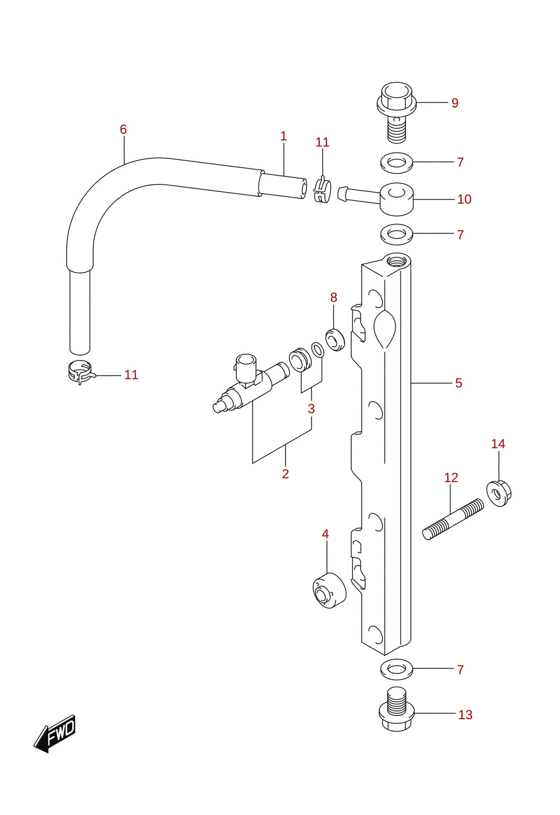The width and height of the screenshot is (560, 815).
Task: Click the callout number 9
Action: (455, 103)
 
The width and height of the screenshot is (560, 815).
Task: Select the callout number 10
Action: (464, 199)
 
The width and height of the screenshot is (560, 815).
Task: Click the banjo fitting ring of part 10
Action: (396, 199)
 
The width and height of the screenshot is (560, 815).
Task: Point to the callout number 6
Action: (123, 129)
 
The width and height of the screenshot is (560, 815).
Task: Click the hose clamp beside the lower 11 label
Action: (81, 372)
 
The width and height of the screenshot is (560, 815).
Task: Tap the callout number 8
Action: (334, 297)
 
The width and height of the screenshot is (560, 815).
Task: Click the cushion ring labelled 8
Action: (335, 339)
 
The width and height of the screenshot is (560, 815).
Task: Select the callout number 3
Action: (311, 409)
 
